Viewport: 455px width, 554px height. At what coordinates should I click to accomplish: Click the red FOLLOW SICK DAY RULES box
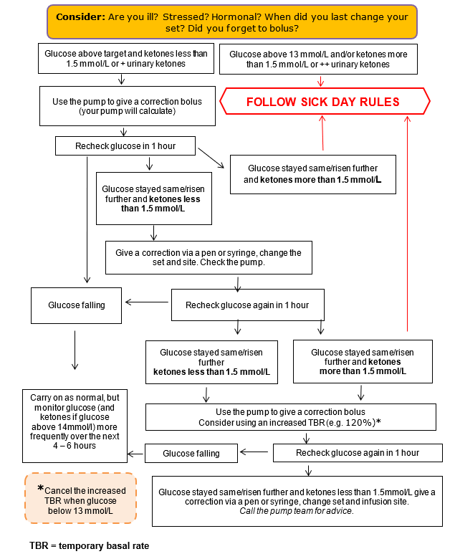pyautogui.click(x=322, y=102)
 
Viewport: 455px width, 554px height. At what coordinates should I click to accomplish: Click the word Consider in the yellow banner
pyautogui.click(x=80, y=15)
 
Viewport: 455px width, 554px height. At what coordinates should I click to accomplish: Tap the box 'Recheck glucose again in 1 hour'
pyautogui.click(x=247, y=305)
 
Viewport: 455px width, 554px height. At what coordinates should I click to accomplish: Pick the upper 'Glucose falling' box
pyautogui.click(x=77, y=305)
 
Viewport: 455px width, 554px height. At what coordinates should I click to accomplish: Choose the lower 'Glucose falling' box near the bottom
pyautogui.click(x=191, y=453)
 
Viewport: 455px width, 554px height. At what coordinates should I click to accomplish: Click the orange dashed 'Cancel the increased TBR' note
pyautogui.click(x=80, y=497)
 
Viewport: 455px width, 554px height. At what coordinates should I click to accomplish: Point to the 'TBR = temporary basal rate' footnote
pyautogui.click(x=90, y=545)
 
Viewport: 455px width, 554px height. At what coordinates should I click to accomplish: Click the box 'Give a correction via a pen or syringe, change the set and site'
pyautogui.click(x=209, y=258)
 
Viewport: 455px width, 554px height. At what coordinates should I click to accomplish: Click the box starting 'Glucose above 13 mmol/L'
pyautogui.click(x=318, y=59)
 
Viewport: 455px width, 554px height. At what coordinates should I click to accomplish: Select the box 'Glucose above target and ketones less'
pyautogui.click(x=125, y=59)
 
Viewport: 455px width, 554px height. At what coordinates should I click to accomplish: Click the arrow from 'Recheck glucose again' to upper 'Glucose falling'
pyautogui.click(x=147, y=302)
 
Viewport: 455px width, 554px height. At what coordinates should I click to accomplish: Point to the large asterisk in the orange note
pyautogui.click(x=41, y=488)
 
